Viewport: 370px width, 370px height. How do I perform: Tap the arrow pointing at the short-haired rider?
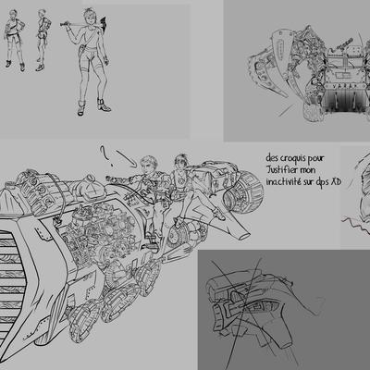coord(126,158)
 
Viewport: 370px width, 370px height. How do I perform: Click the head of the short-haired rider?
coord(149,165)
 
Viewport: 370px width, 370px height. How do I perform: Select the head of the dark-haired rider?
coord(181,163)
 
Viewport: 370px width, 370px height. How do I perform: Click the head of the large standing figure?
coord(89,18)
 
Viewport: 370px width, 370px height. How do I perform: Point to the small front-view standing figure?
coord(15,40)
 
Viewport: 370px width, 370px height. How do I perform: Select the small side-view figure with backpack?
coord(42,40)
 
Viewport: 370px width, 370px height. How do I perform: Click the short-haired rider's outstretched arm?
coord(122,179)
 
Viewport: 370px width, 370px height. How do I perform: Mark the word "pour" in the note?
coord(318,159)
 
